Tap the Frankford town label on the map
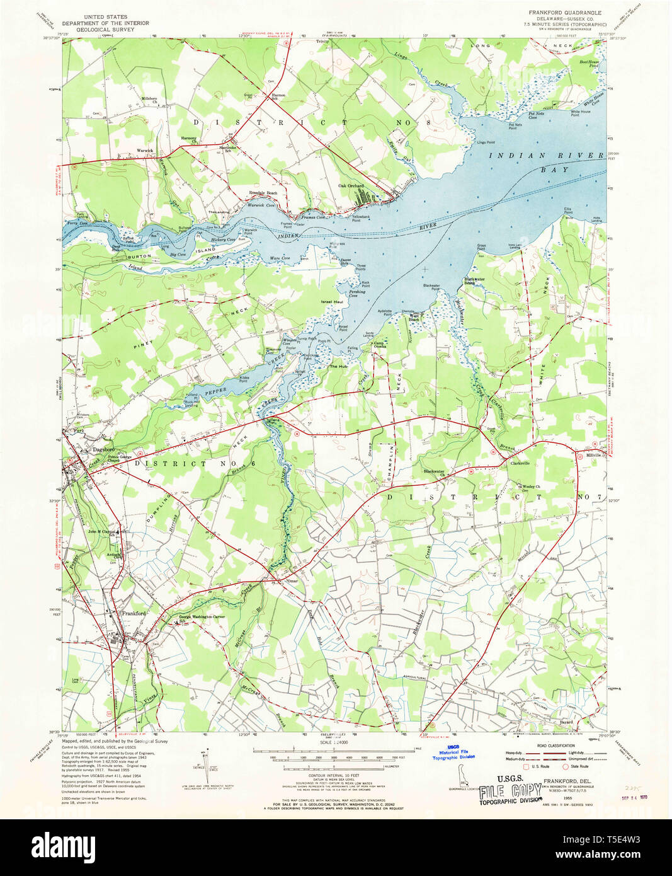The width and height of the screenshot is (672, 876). (x=134, y=613)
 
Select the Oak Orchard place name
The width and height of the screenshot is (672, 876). (x=351, y=185)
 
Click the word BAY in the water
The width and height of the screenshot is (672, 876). (x=557, y=170)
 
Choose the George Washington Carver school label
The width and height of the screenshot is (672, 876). (x=202, y=618)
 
